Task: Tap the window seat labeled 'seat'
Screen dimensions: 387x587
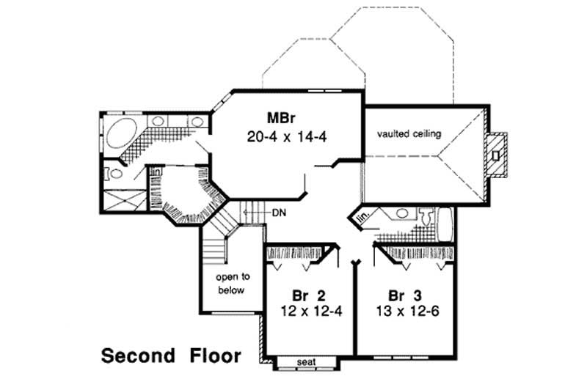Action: [x=307, y=362]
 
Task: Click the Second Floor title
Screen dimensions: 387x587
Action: [x=170, y=357]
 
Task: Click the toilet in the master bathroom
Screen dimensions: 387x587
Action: [x=112, y=174]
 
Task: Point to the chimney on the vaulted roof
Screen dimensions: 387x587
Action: [x=497, y=155]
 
